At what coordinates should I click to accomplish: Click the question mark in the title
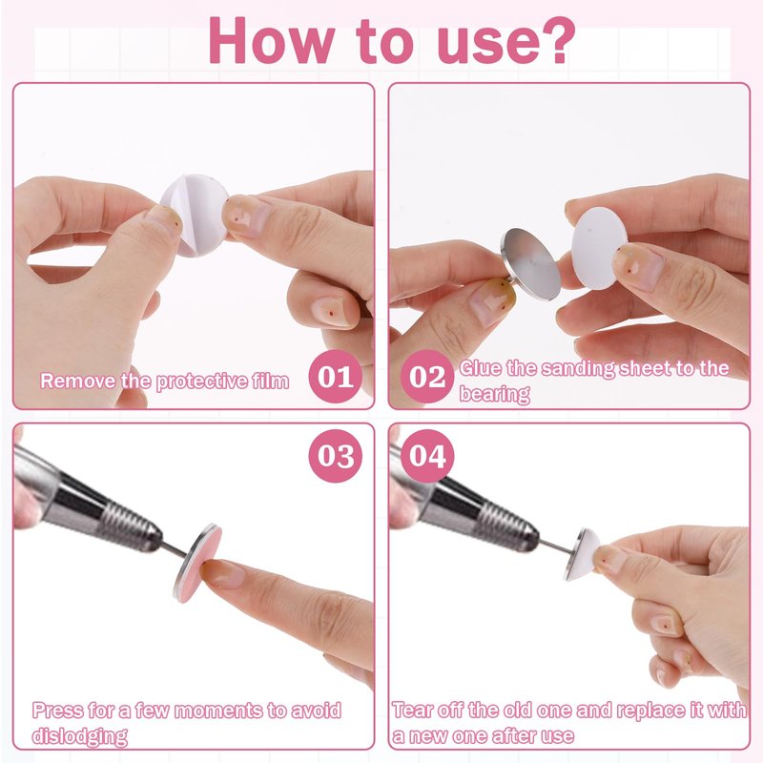point(554,40)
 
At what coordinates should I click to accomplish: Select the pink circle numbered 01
point(336,376)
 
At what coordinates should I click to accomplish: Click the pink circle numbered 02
point(426,376)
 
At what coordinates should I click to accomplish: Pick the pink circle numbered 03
point(336,456)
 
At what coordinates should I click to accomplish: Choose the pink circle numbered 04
point(426,456)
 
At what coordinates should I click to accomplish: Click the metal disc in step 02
point(530,264)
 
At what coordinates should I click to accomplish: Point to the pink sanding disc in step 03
point(199,564)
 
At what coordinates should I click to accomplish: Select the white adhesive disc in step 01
point(195,214)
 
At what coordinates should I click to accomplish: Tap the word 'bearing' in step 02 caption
point(494,393)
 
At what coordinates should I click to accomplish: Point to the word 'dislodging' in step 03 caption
point(80,735)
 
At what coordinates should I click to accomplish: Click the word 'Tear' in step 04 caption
point(413,710)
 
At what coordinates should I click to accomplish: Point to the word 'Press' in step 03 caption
point(58,711)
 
